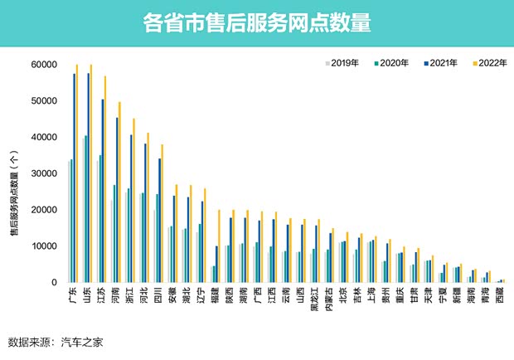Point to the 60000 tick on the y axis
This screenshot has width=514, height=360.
(43, 65)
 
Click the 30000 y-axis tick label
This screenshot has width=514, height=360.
(43, 173)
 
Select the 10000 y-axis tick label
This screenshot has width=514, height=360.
(43, 246)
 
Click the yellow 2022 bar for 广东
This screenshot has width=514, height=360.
(78, 173)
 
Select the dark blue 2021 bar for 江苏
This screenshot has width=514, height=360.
(103, 191)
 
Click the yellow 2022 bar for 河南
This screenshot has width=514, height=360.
(119, 192)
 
